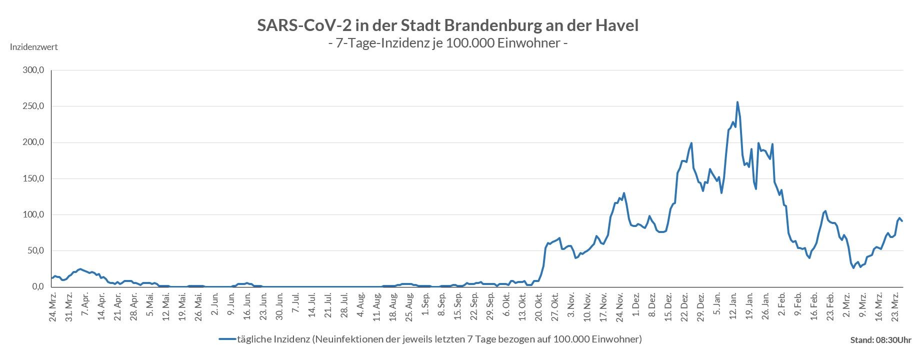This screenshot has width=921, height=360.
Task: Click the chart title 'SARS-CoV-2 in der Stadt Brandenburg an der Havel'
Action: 447,25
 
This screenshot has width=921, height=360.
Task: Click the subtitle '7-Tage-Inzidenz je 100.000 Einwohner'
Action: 447,43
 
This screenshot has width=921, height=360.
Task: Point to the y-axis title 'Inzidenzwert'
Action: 34,47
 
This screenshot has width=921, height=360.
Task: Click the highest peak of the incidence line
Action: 737,102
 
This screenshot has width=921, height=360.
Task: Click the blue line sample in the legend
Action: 227,339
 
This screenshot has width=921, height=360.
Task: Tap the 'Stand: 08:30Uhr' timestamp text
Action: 880,340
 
